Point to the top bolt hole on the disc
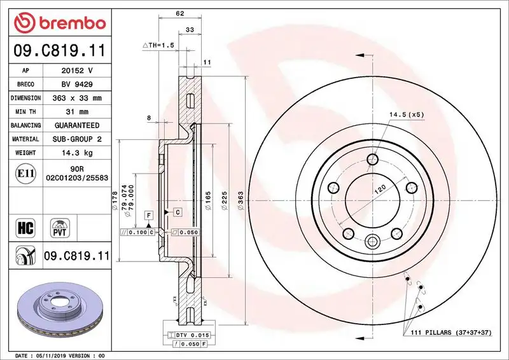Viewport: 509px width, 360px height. (373, 159)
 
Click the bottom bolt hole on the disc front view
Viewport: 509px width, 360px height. (373, 241)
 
